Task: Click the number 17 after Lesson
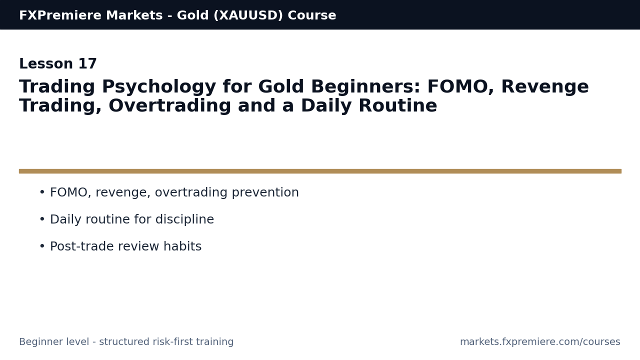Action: pyautogui.click(x=87, y=64)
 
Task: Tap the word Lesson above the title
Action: pyautogui.click(x=46, y=64)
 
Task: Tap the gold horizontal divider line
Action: pyautogui.click(x=320, y=171)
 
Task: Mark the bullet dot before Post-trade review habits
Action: pyautogui.click(x=42, y=246)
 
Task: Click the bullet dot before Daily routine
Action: pyautogui.click(x=42, y=219)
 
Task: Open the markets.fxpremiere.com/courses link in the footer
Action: pyautogui.click(x=540, y=342)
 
